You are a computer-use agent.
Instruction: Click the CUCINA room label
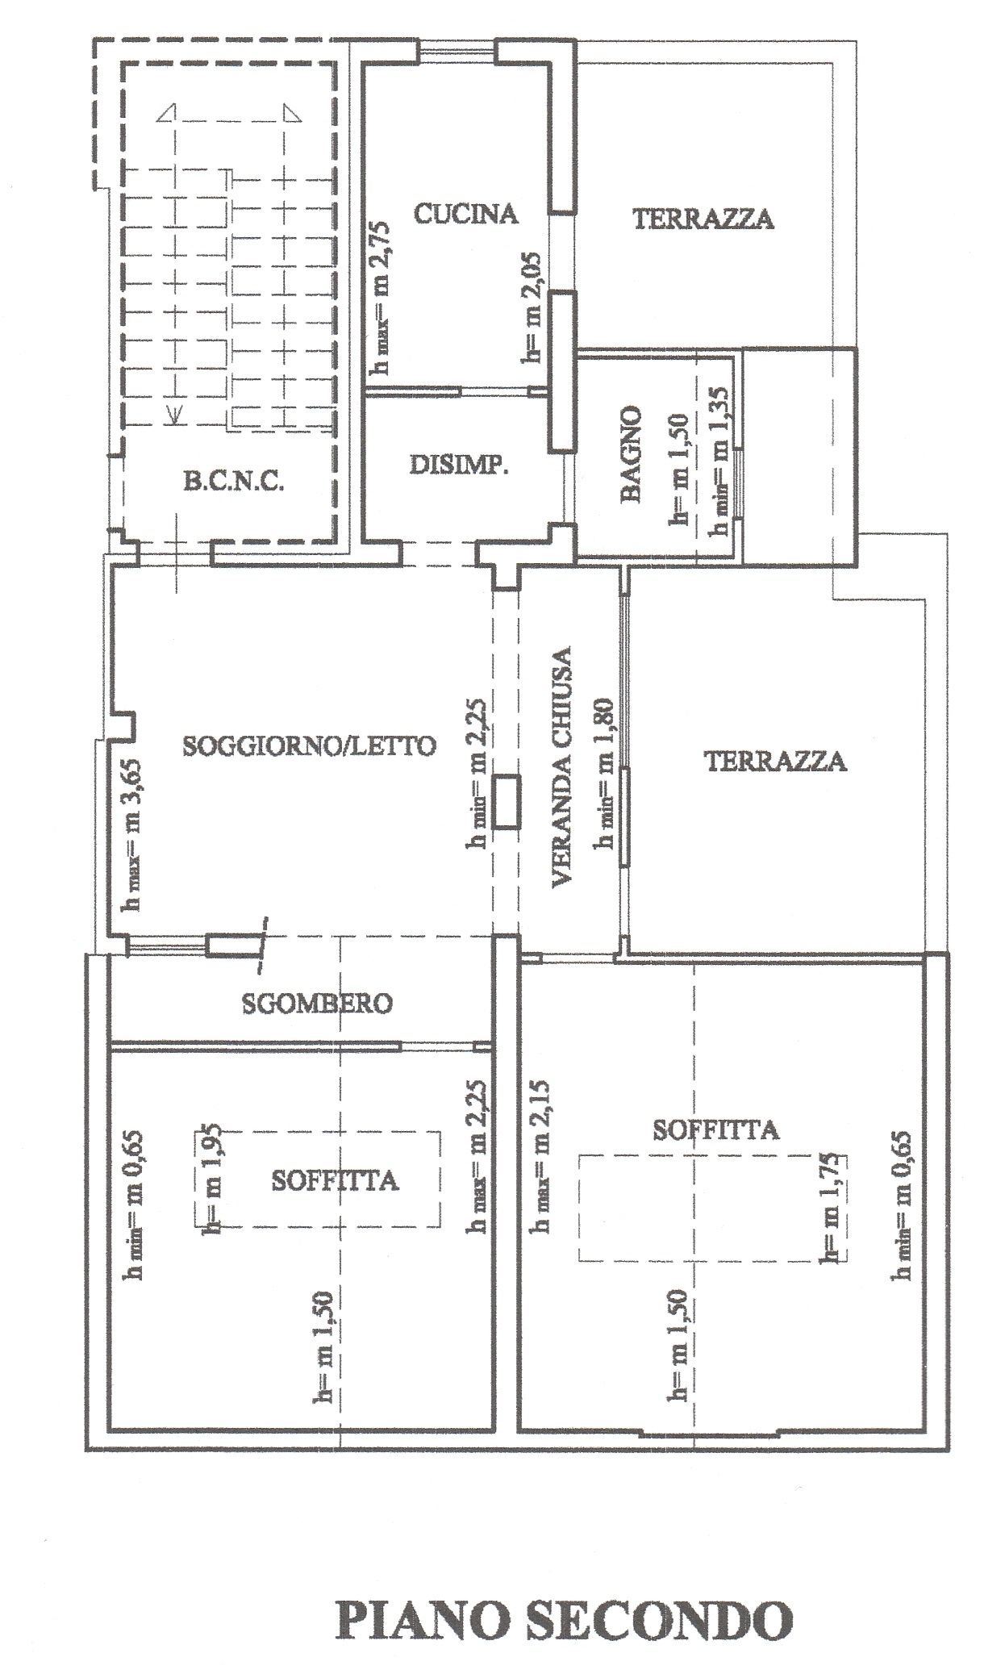tap(465, 214)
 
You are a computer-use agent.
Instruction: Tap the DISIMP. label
tap(459, 466)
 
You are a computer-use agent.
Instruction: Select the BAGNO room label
tap(631, 454)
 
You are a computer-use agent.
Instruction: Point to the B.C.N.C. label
tap(234, 483)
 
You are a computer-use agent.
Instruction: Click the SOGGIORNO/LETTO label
tap(310, 745)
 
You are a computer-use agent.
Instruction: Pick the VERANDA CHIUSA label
tap(562, 767)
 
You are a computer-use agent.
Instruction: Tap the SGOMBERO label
tap(317, 1003)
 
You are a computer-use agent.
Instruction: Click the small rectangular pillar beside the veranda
tap(507, 802)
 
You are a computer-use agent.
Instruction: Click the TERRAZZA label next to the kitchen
tap(703, 219)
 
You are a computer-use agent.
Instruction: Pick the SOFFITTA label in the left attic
tap(335, 1181)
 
